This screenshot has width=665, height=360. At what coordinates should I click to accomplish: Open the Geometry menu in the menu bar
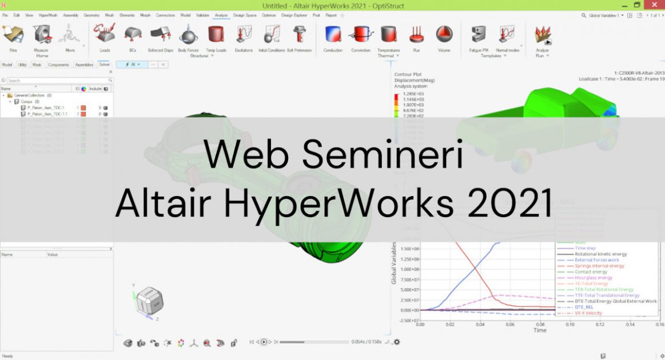pyautogui.click(x=91, y=15)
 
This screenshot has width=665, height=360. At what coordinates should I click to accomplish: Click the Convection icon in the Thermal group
pyautogui.click(x=361, y=35)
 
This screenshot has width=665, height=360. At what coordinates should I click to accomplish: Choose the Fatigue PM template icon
pyautogui.click(x=478, y=35)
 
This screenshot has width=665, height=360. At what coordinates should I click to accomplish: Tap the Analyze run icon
pyautogui.click(x=542, y=36)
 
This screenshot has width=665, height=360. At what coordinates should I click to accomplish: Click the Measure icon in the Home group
pyautogui.click(x=41, y=35)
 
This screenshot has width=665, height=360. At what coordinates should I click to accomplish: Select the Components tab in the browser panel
pyautogui.click(x=58, y=65)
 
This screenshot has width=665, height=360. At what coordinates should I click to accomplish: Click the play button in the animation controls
pyautogui.click(x=264, y=342)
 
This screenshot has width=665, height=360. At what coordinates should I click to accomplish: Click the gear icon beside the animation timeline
pyautogui.click(x=396, y=342)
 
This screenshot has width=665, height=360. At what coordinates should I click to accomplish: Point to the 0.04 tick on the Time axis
pyautogui.click(x=480, y=324)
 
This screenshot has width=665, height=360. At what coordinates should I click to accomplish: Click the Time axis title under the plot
pyautogui.click(x=540, y=330)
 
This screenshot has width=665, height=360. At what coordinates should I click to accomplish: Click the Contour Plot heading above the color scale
pyautogui.click(x=408, y=75)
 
